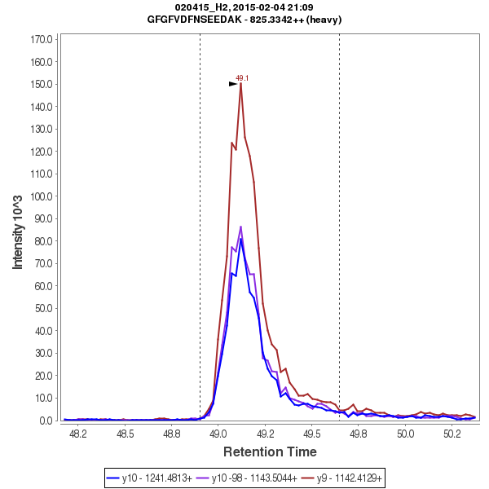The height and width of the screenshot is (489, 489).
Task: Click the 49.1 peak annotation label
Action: (x=242, y=78)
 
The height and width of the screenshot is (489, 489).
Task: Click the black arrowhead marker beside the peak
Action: (x=233, y=83)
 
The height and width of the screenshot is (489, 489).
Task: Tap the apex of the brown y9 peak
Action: (x=241, y=84)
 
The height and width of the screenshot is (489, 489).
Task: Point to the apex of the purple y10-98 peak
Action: (x=241, y=227)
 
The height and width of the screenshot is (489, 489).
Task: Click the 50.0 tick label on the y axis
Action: (x=43, y=309)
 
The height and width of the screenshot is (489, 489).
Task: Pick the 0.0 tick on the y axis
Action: (x=46, y=421)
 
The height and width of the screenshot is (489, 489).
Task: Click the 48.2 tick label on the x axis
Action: (x=78, y=435)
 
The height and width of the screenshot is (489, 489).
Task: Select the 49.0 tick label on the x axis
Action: (x=218, y=435)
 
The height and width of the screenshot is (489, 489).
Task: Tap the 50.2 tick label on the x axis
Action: (x=452, y=435)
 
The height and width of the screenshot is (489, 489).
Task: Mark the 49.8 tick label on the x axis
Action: (x=358, y=435)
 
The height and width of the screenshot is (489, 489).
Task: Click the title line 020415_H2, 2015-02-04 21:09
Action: (x=244, y=7)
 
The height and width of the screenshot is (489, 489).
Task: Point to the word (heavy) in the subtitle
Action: (x=324, y=19)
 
